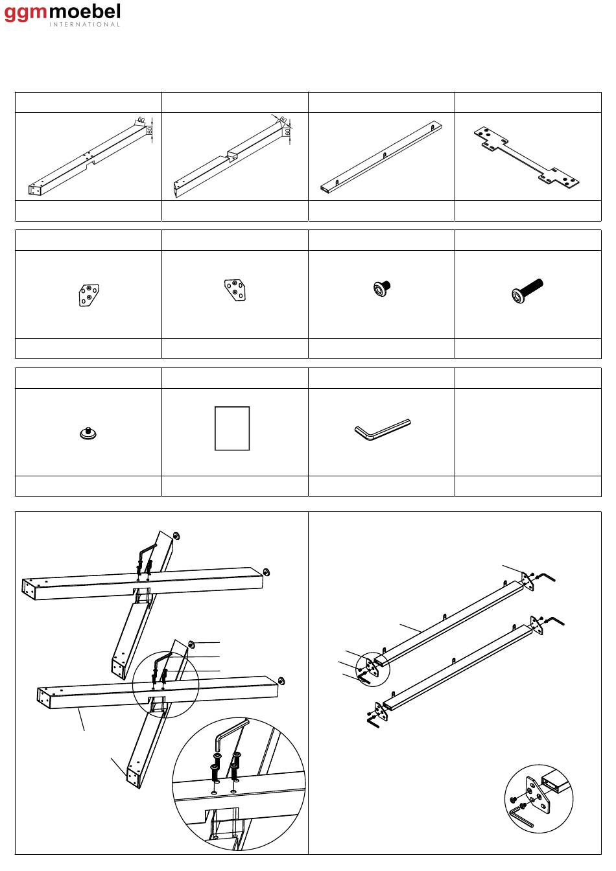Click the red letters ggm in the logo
[x=25, y=14]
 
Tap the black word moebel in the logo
[x=84, y=12]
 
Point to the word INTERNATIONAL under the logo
[x=84, y=24]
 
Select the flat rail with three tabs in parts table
[x=381, y=157]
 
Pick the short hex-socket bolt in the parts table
[x=382, y=288]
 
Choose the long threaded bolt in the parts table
[x=527, y=290]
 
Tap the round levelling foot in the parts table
[x=88, y=433]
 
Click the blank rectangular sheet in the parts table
[x=232, y=428]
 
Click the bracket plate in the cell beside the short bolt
[x=235, y=290]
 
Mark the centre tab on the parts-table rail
[x=385, y=155]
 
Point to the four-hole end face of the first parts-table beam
[x=34, y=189]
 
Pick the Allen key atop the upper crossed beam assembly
[x=147, y=552]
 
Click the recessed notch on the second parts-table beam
[x=232, y=156]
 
